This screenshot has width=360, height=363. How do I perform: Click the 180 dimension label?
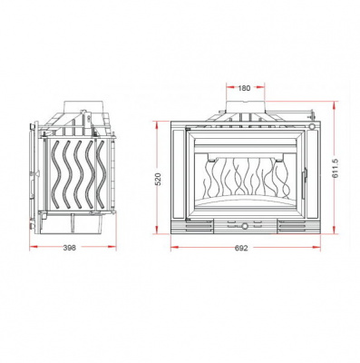[x=244, y=88]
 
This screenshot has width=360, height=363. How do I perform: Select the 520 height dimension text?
[x=160, y=179]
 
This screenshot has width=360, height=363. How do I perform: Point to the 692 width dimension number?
[x=241, y=248]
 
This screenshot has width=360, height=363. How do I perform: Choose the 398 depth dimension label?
[x=70, y=248]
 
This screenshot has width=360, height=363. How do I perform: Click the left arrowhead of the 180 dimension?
[x=230, y=87]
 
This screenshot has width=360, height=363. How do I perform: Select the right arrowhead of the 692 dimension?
[x=316, y=247]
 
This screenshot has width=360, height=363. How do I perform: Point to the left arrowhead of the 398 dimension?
[x=34, y=247]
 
